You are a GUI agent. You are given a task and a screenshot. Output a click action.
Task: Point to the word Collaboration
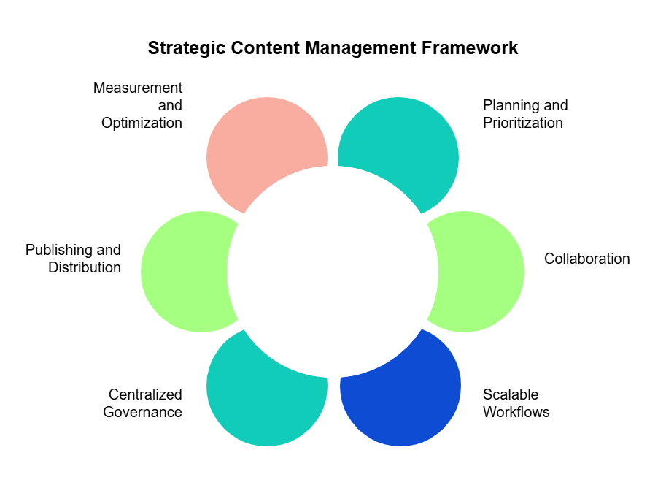(x=586, y=259)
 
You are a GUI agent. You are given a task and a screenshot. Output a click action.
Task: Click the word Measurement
(x=138, y=88)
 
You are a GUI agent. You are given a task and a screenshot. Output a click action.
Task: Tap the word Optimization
(x=142, y=123)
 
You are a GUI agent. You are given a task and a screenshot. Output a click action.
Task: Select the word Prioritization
(x=522, y=123)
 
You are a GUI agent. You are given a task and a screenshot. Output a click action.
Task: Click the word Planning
(x=508, y=105)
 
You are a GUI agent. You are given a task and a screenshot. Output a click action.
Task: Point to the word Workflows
(x=516, y=412)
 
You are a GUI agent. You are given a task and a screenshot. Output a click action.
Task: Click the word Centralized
(x=145, y=394)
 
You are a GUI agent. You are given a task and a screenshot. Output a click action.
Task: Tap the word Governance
(x=142, y=412)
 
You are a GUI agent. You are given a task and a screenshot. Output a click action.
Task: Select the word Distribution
(x=85, y=267)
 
